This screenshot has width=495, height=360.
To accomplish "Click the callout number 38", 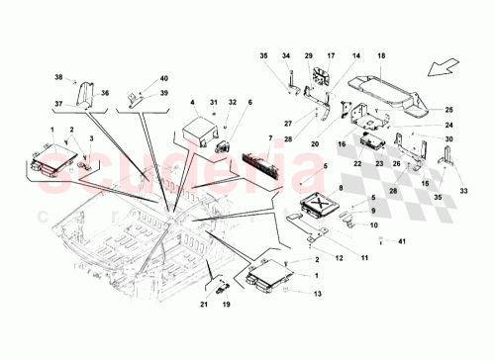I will click(58, 77).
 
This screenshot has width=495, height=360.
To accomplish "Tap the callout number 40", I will click(164, 77).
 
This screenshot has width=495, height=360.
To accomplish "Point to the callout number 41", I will click(402, 241).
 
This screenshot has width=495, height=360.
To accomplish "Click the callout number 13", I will click(319, 294).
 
